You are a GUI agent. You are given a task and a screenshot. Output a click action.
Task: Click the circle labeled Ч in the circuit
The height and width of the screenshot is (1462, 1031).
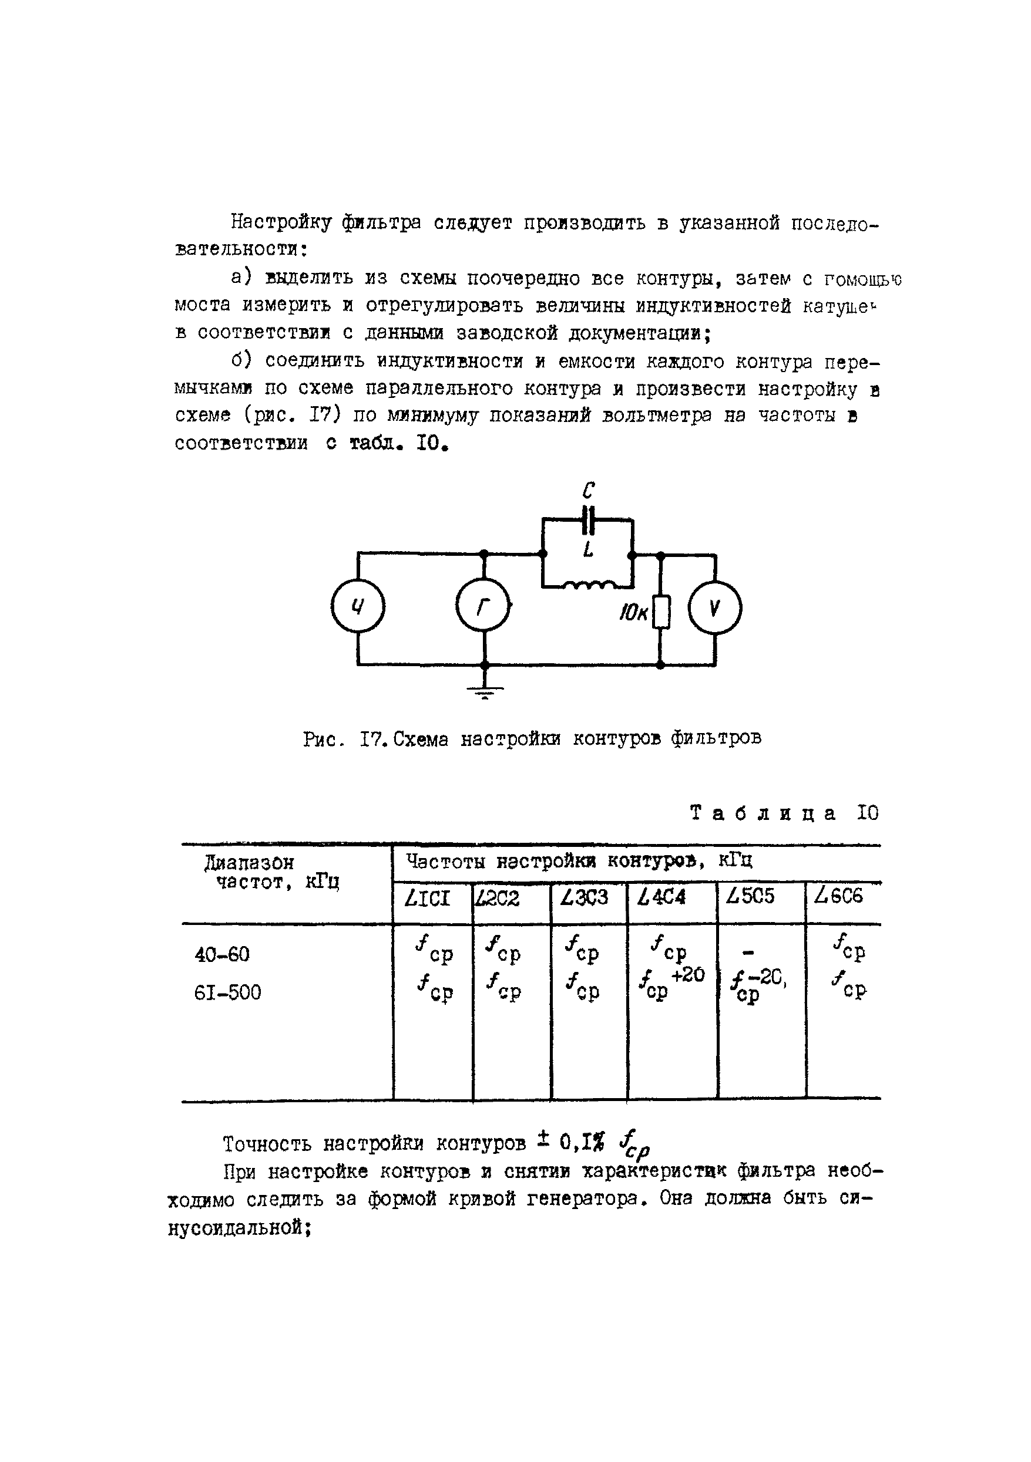click(x=358, y=607)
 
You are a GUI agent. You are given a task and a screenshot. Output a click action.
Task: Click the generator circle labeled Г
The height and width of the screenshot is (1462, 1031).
click(x=483, y=607)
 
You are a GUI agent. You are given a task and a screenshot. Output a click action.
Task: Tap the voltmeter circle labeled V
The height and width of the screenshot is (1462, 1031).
click(x=714, y=608)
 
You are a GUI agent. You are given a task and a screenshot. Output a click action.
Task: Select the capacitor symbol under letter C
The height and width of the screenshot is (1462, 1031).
click(x=588, y=520)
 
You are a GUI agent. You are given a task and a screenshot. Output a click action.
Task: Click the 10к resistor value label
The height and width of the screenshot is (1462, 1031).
click(x=633, y=613)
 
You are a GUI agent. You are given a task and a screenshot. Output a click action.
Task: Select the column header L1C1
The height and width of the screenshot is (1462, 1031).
click(x=428, y=899)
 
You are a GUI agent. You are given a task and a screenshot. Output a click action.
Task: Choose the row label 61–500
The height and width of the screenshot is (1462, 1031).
click(x=227, y=992)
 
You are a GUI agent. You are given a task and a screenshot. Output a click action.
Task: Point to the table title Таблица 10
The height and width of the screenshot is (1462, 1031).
click(x=784, y=813)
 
